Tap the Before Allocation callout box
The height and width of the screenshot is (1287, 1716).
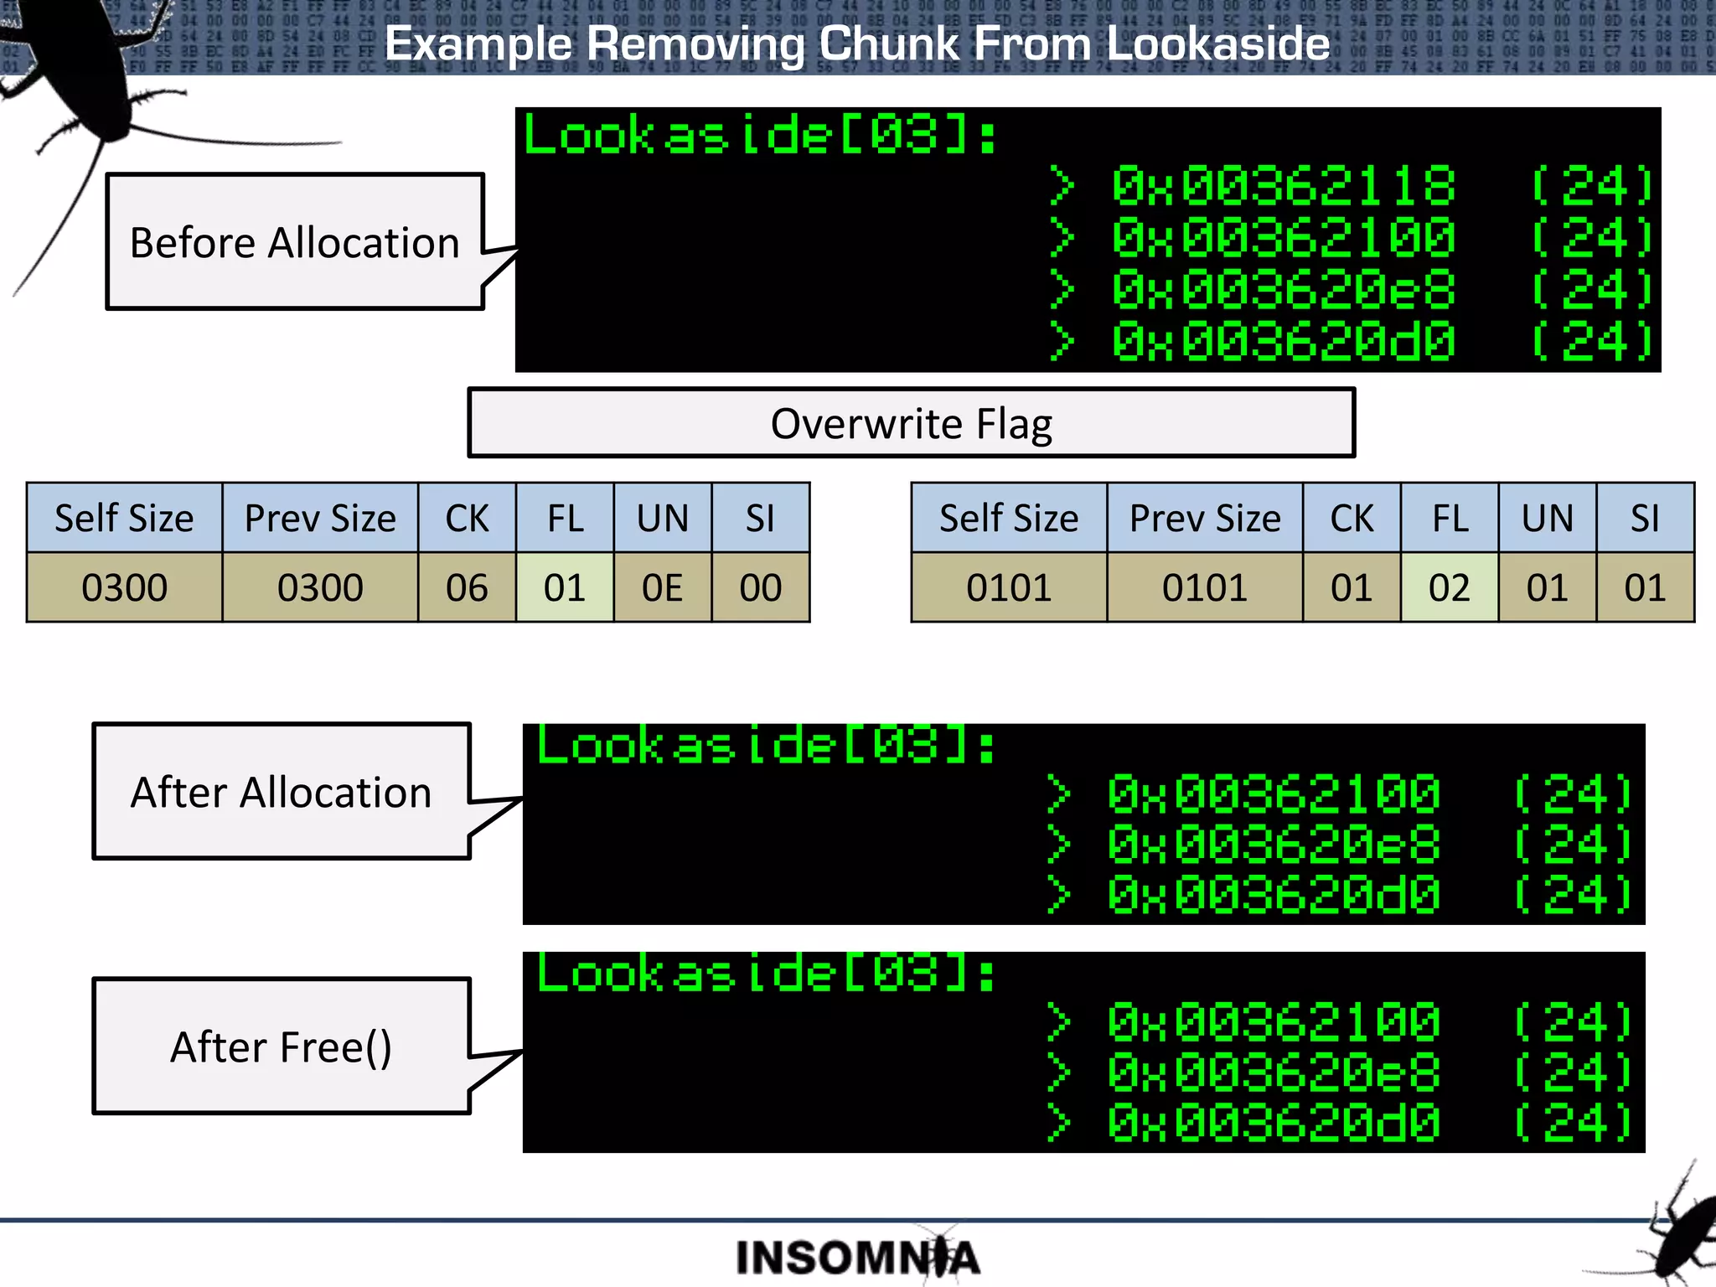[x=295, y=242]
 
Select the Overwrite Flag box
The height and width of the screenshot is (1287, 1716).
[x=911, y=423]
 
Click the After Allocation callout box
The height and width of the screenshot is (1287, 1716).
[x=282, y=792]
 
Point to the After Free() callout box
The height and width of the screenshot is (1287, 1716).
[x=282, y=1047]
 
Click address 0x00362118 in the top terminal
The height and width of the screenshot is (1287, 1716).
[x=1283, y=186]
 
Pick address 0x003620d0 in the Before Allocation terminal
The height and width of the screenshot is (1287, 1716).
[x=1283, y=342]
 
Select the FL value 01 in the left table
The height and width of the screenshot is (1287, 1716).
[x=564, y=587]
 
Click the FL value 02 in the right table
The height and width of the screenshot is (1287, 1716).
[x=1449, y=587]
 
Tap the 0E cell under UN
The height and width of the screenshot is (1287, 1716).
[x=662, y=587]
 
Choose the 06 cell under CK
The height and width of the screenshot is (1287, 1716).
[x=467, y=587]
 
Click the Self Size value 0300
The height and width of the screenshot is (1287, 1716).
[x=124, y=587]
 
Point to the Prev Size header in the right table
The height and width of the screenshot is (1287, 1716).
[x=1204, y=518]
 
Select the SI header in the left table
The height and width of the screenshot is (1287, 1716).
[x=760, y=518]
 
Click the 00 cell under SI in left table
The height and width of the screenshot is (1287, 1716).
[x=760, y=587]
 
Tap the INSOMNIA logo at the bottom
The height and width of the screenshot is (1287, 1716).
[x=857, y=1257]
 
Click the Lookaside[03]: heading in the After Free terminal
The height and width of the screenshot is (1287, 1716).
[x=766, y=974]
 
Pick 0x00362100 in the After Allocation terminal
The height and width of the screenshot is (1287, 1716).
[x=1273, y=794]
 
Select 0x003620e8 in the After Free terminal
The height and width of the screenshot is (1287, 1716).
[x=1273, y=1073]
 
